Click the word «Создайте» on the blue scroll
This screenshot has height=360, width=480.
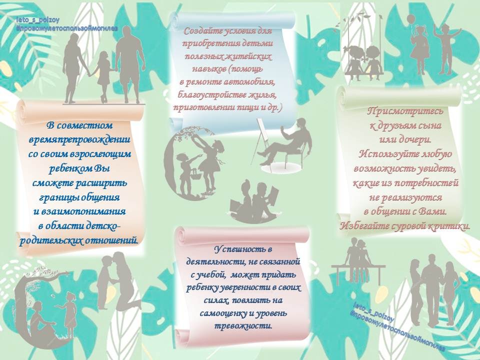tap(202, 31)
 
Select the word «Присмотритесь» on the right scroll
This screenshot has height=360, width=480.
tap(405, 111)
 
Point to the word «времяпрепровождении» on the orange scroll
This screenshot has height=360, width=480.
tap(79, 139)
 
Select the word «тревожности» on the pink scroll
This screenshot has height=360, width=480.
tap(243, 326)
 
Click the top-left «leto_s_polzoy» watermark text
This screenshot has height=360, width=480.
tap(38, 20)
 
